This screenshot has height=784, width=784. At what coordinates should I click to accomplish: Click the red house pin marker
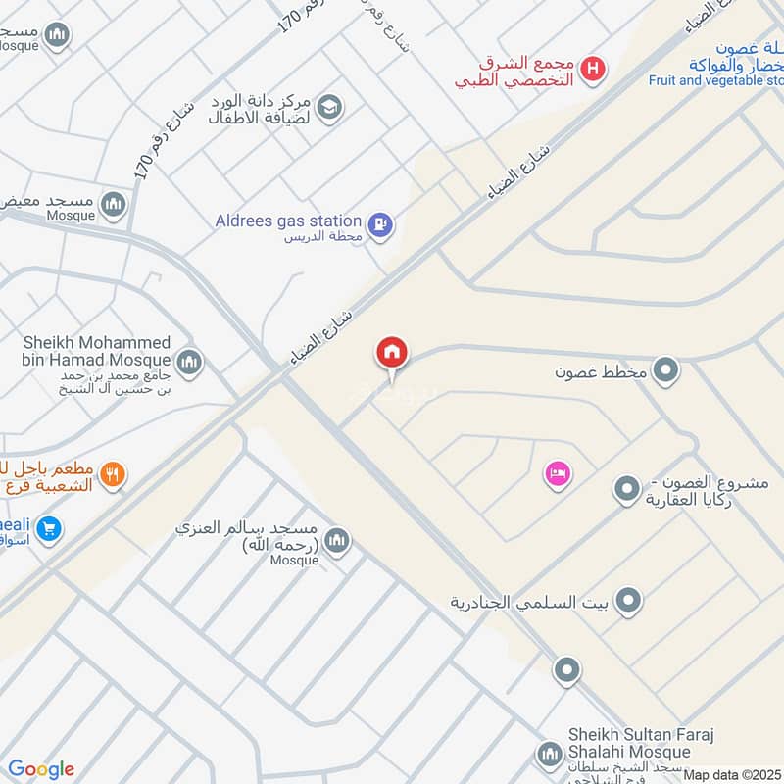click(392, 353)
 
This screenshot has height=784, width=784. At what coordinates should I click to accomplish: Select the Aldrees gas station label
click(288, 221)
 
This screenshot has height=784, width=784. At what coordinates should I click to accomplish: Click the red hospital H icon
click(592, 69)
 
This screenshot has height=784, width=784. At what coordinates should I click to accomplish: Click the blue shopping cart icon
click(47, 530)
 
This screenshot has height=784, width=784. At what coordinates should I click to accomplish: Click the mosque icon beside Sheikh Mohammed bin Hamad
click(190, 363)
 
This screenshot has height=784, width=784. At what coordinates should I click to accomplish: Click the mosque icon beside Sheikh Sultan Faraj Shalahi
click(549, 755)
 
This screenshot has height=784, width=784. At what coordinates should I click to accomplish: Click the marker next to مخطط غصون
click(666, 371)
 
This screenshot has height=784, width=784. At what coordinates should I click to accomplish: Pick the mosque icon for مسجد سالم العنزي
click(336, 540)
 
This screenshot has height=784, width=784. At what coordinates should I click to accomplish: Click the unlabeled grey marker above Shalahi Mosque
click(565, 671)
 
